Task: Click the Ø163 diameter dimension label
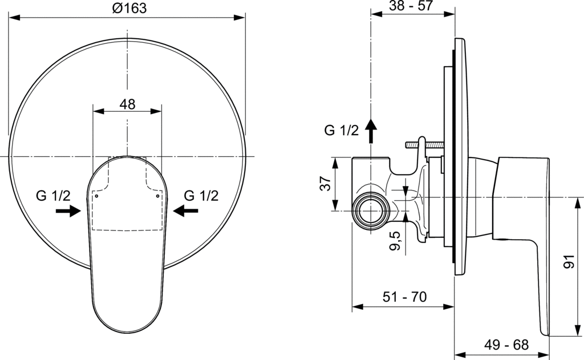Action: click(129, 8)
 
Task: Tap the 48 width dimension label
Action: click(127, 104)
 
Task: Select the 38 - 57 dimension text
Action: click(411, 6)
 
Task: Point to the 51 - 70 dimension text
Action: click(405, 297)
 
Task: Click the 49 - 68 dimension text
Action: click(506, 345)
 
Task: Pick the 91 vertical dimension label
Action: click(569, 262)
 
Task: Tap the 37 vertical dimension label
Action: click(326, 183)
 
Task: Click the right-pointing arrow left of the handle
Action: click(68, 211)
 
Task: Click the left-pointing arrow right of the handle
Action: click(185, 211)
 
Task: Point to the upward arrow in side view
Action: click(371, 131)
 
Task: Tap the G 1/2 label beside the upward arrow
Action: click(342, 131)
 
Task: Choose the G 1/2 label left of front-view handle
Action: click(53, 196)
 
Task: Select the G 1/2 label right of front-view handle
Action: click(201, 196)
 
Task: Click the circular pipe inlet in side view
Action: click(371, 211)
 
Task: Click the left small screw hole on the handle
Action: click(96, 196)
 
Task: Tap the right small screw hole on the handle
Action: click(157, 196)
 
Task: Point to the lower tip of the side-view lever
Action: click(545, 334)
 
